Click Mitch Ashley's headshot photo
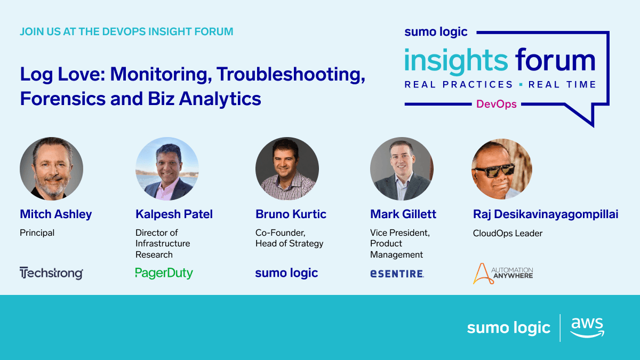click(x=51, y=169)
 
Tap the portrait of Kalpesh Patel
click(x=167, y=169)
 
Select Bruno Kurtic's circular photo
click(x=287, y=169)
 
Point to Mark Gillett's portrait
click(x=402, y=169)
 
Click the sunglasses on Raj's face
click(x=495, y=170)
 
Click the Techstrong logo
click(x=51, y=273)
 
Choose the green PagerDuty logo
click(x=164, y=273)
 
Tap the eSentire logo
click(x=397, y=274)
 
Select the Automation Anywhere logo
click(x=503, y=274)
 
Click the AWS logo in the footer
click(x=587, y=327)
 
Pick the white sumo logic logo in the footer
click(x=509, y=327)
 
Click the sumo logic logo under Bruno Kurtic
click(x=286, y=273)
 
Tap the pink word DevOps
click(x=497, y=104)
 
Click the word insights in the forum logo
click(x=456, y=61)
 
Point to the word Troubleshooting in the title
click(x=291, y=75)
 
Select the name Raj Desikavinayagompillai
click(x=546, y=214)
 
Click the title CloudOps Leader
click(x=507, y=233)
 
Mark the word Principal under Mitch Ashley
click(x=37, y=233)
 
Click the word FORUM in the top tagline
click(x=214, y=31)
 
